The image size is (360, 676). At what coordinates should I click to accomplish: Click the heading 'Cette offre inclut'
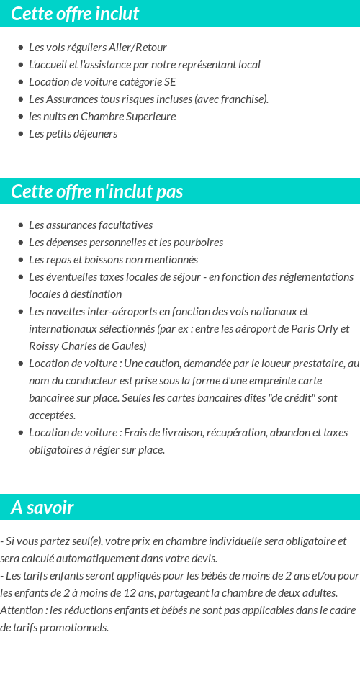coord(75,14)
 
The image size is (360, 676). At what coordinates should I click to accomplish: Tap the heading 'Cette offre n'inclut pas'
coord(97,191)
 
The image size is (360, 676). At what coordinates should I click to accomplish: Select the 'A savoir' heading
coord(42,508)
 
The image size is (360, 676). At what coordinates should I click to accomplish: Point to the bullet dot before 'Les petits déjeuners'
coord(20,134)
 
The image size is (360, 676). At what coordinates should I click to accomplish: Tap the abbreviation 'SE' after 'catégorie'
coord(169,82)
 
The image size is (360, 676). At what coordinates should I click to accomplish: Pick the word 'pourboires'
coord(198,243)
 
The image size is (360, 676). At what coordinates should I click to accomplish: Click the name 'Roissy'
coord(45,346)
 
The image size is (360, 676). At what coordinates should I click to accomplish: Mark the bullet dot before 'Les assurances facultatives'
coord(20,225)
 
